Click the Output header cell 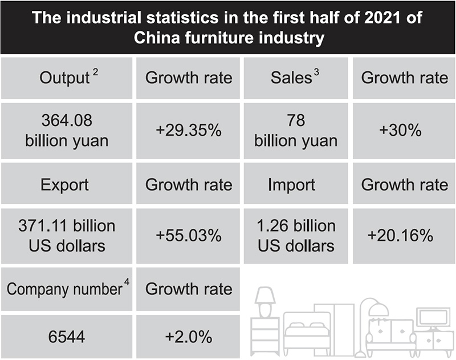click(x=66, y=78)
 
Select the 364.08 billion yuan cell click(x=66, y=131)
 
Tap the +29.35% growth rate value click(x=189, y=131)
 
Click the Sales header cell click(x=295, y=78)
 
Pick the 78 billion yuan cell click(x=295, y=131)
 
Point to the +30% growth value click(x=404, y=131)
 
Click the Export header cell click(x=66, y=185)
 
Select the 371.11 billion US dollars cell click(x=66, y=235)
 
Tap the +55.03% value click(x=189, y=235)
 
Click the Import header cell click(x=295, y=185)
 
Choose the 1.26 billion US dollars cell click(x=295, y=235)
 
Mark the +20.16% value click(x=404, y=235)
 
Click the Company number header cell click(x=66, y=289)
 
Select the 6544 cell click(x=66, y=337)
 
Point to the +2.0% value click(x=189, y=337)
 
